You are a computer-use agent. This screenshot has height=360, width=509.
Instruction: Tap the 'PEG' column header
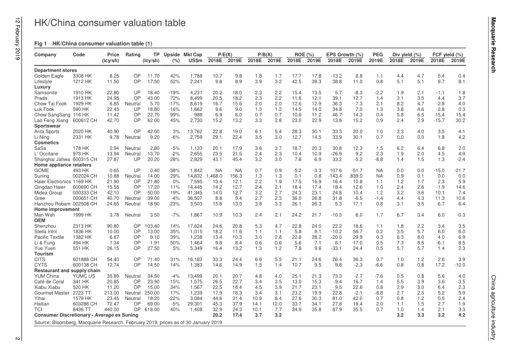377,55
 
